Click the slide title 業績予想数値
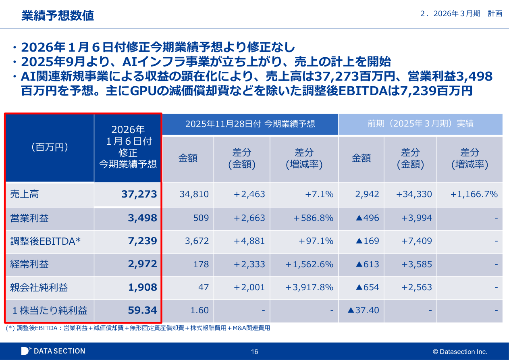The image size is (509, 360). point(58,16)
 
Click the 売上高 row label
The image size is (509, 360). point(25,194)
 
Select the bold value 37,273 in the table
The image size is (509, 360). point(139,194)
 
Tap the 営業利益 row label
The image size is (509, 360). point(29,218)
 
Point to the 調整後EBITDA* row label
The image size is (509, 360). point(46,241)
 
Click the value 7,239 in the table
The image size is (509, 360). point(142,241)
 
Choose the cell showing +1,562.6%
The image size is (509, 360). point(309,264)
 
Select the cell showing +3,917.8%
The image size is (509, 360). point(309,287)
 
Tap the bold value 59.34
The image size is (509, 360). point(142,310)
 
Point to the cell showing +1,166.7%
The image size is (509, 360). point(474,194)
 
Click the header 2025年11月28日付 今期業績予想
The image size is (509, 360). point(250,124)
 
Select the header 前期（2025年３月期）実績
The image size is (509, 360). point(420,124)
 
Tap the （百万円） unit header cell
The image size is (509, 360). point(50,148)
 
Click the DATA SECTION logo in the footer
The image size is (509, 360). point(53,351)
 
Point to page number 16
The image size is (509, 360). point(254,352)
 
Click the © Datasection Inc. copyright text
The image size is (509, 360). point(460,352)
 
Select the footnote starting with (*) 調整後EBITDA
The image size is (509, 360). point(138,328)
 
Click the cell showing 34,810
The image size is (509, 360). point(194,194)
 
